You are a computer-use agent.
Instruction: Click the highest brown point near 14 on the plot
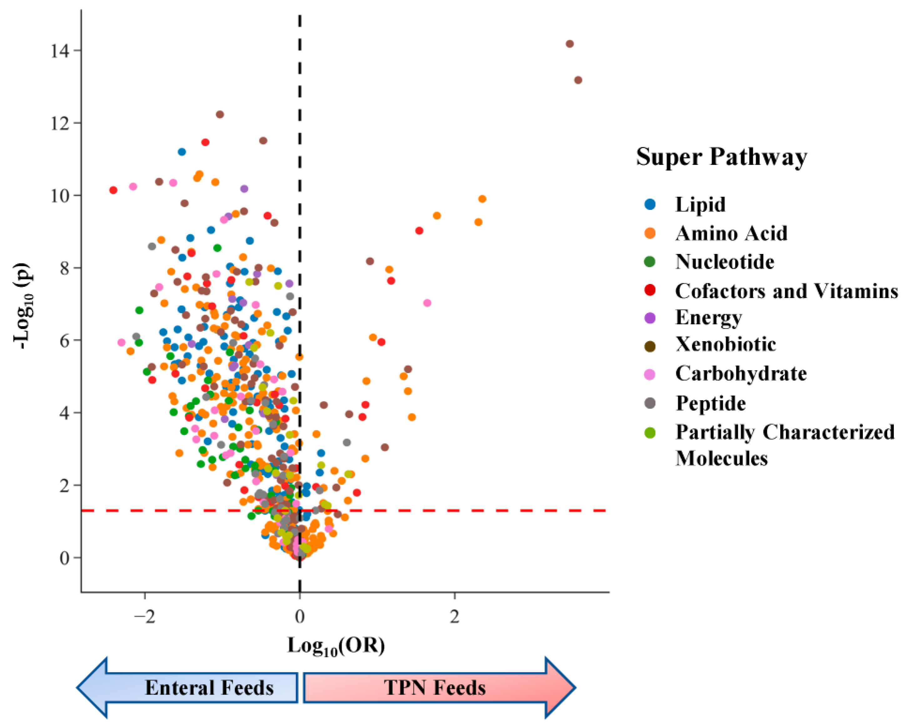pos(570,44)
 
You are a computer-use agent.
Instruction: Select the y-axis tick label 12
pos(60,123)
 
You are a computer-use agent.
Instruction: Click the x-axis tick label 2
pos(454,617)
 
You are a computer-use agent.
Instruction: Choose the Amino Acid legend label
pos(731,233)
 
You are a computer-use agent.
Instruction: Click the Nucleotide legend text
pos(725,262)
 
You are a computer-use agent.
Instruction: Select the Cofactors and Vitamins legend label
pos(786,291)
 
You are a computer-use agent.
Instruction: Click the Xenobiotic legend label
pos(725,345)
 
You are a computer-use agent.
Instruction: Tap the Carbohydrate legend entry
pos(741,374)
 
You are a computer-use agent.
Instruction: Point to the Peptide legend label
pos(711,403)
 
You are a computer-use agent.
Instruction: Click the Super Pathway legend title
pos(721,157)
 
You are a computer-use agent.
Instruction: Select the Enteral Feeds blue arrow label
pos(209,688)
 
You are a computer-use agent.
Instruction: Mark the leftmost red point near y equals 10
pos(113,190)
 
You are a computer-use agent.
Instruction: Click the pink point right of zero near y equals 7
pos(427,303)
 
